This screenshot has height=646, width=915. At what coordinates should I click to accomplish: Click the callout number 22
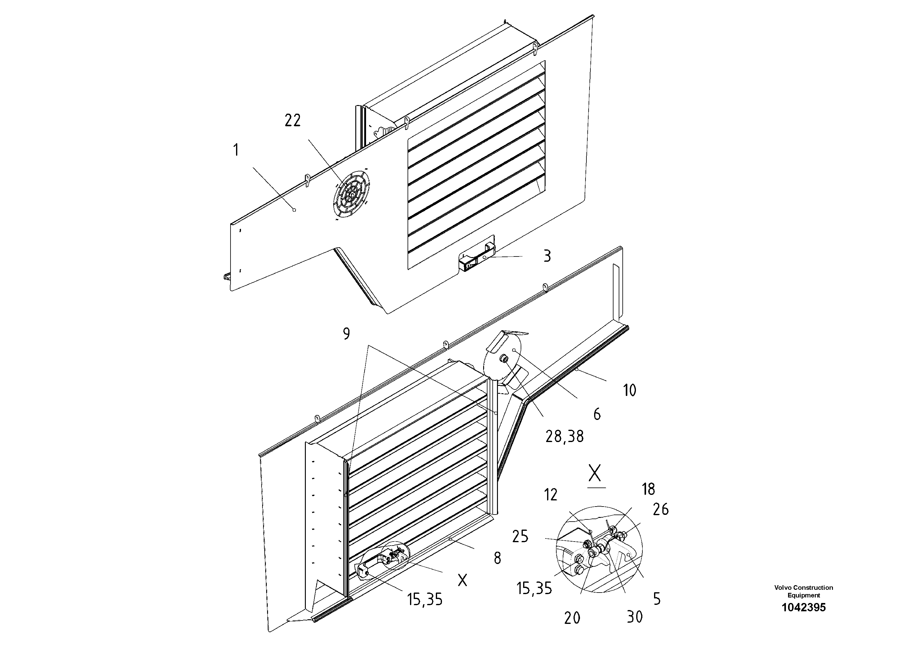[x=293, y=120]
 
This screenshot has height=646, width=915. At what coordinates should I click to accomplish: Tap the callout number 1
[x=236, y=151]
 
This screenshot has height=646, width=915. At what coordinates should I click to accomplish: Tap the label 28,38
[x=564, y=437]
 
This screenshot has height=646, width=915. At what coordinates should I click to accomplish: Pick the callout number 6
[x=597, y=415]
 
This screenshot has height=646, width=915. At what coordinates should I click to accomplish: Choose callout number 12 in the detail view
[x=551, y=495]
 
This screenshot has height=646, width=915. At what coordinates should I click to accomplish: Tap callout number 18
[x=649, y=489]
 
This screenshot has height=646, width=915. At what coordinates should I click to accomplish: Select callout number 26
[x=660, y=509]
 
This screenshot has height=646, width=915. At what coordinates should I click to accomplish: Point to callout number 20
[x=572, y=618]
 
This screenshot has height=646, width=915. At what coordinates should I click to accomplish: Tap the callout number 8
[x=497, y=558]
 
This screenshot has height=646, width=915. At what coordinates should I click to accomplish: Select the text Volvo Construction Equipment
[x=803, y=591]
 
